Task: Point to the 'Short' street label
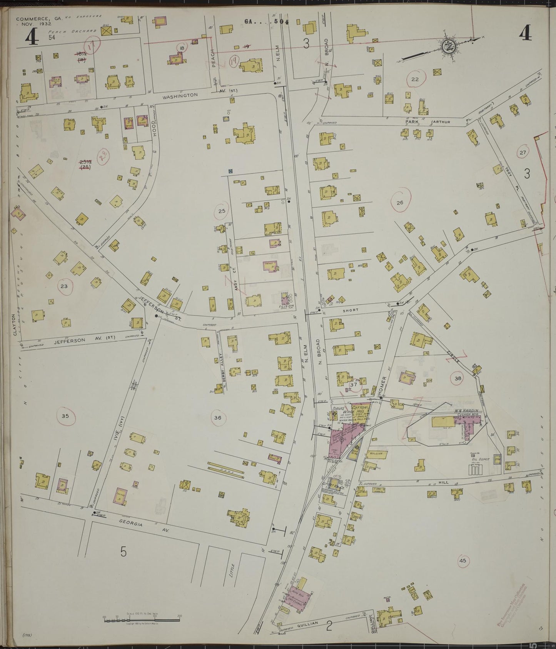coord(352,310)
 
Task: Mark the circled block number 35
coord(65,415)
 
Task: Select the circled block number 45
coord(462,561)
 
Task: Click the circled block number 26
coord(399,202)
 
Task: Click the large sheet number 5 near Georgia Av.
coord(123,552)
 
